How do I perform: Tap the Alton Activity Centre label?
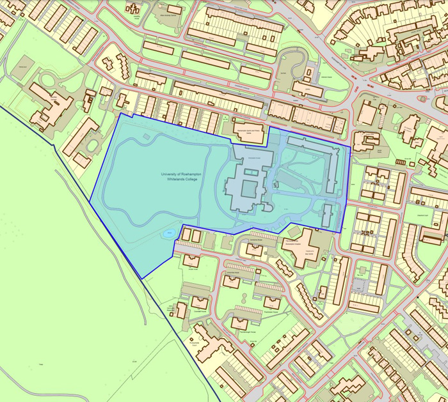click(168, 12)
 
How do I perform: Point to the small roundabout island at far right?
click(423, 99)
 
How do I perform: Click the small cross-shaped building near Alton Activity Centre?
click(134, 9)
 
